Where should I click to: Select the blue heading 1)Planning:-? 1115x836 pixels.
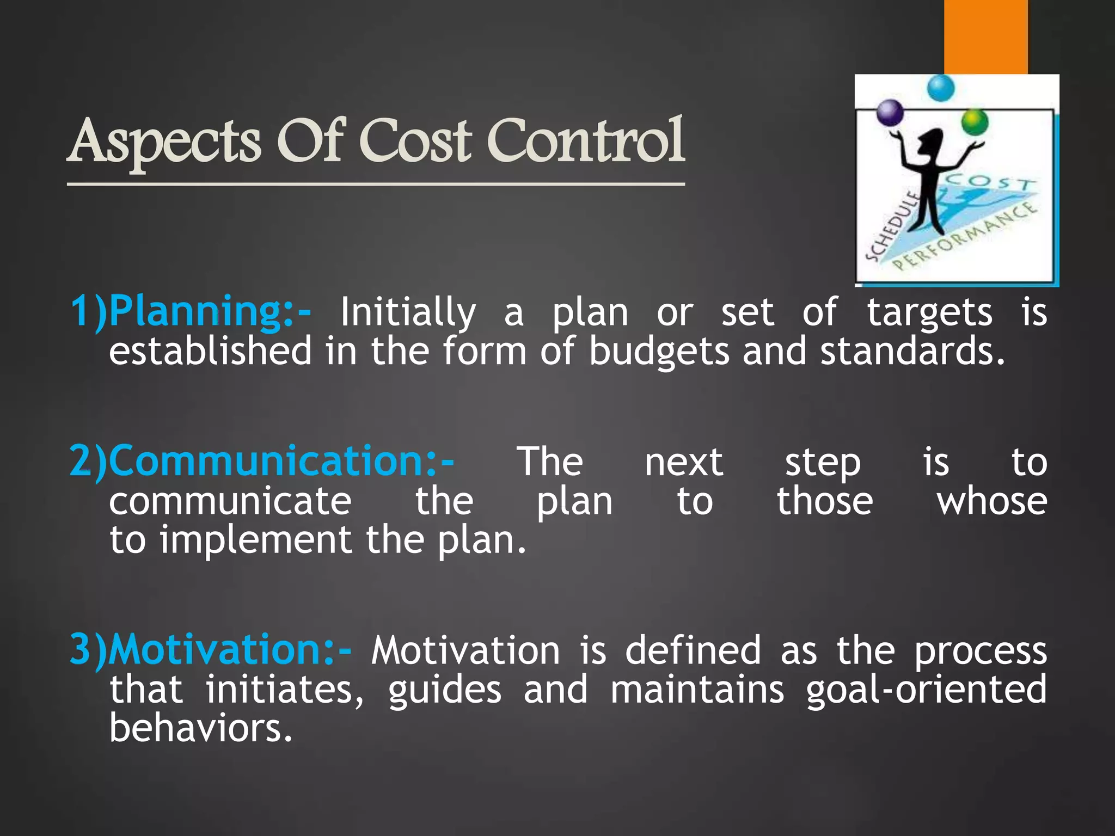[191, 312]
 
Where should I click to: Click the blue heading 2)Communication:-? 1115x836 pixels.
[261, 462]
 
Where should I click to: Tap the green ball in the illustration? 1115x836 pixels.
[974, 122]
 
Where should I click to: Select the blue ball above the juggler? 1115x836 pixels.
[940, 88]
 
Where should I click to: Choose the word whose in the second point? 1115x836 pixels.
[991, 501]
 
